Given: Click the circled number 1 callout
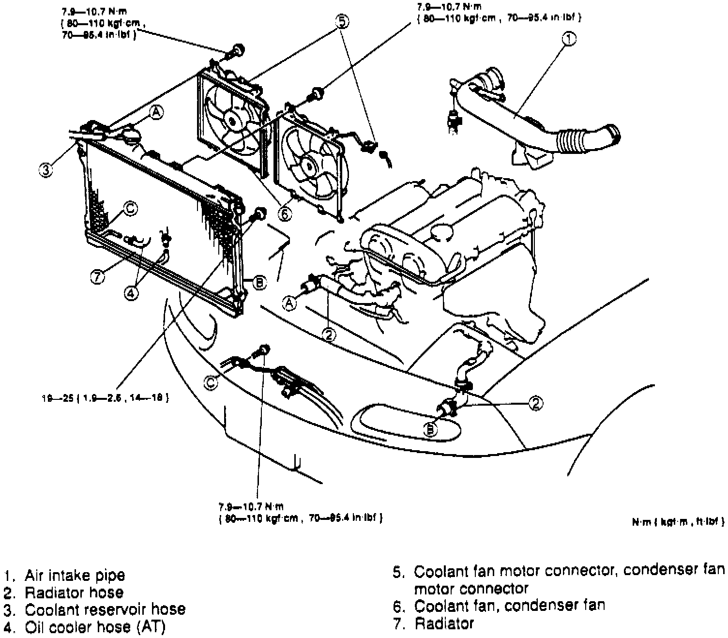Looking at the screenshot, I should click(569, 39).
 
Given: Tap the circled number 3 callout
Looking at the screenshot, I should click(45, 170).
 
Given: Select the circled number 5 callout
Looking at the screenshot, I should click(342, 22).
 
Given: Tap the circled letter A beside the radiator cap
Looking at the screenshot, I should click(156, 112).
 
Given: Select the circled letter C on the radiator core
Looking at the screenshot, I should click(130, 209).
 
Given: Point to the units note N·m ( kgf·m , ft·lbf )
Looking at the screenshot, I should click(678, 521).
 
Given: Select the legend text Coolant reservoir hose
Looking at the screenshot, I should click(105, 609).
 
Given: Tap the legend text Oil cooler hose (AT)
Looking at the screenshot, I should click(95, 626).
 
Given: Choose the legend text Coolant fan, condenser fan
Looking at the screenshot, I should click(510, 605).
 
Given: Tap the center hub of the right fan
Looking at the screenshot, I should click(308, 166).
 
